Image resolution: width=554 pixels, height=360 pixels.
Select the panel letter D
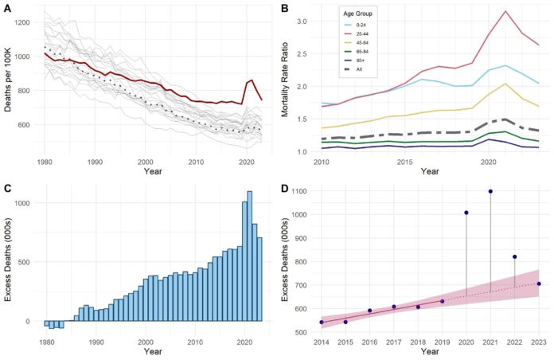284,189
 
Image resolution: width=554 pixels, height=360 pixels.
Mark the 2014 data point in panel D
322,322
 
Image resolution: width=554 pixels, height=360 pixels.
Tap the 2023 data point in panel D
539,284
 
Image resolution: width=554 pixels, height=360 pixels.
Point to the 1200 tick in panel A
25,22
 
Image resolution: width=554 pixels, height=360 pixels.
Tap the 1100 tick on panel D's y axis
302,192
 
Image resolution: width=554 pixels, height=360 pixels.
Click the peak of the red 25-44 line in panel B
505,11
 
